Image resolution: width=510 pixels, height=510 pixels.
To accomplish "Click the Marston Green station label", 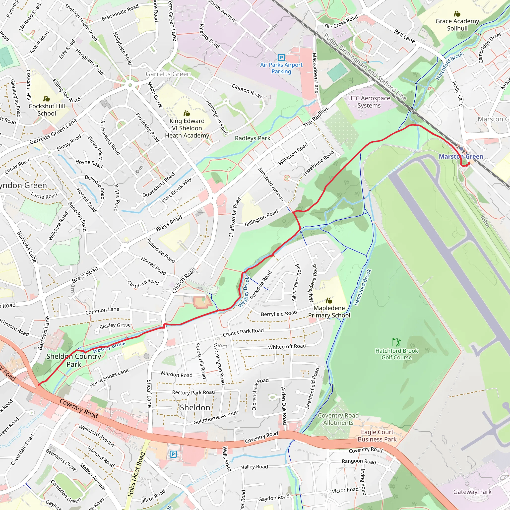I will [x=461, y=157].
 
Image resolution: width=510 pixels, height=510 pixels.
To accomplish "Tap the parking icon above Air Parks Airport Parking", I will [x=281, y=57].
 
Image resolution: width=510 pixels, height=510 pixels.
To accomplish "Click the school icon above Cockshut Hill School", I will [x=47, y=99].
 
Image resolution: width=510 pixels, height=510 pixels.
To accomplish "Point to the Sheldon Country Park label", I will [x=74, y=360].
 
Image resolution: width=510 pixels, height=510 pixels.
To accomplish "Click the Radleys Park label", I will [x=252, y=138].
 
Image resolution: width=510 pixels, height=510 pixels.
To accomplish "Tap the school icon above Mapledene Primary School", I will [x=329, y=300].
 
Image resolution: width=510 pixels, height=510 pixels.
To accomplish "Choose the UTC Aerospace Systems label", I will [x=369, y=102].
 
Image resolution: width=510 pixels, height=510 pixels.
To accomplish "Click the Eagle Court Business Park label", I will [x=377, y=436].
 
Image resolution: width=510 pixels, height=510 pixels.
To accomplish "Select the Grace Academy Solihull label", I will [x=457, y=25].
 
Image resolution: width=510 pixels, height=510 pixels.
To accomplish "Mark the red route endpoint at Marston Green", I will [x=469, y=164].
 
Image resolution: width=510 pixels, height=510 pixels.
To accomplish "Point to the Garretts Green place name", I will [x=168, y=74].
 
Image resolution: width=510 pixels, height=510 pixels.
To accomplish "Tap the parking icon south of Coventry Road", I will [x=173, y=454].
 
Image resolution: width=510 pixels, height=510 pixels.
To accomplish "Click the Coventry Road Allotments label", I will [x=338, y=419].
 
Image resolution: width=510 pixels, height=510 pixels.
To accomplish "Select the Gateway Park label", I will [x=472, y=492].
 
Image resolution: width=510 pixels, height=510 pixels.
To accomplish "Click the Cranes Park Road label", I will [x=243, y=332].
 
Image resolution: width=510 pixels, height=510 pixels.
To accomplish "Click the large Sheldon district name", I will [x=195, y=408].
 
